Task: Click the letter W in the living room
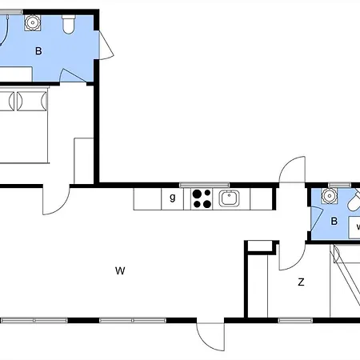(120, 270)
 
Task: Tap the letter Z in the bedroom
(301, 282)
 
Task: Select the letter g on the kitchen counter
(173, 198)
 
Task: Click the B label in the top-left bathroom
(38, 51)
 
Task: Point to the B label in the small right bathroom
(334, 221)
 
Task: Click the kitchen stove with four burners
(202, 198)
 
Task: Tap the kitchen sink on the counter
(229, 198)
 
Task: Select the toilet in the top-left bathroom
(69, 25)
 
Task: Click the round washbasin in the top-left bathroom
(33, 23)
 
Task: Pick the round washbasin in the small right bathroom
(330, 196)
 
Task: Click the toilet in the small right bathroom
(354, 202)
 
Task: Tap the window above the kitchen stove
(205, 185)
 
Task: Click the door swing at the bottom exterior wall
(210, 337)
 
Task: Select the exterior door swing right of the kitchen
(292, 170)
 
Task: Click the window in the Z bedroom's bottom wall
(295, 320)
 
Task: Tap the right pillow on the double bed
(32, 101)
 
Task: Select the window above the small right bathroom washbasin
(339, 185)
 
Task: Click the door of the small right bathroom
(317, 219)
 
